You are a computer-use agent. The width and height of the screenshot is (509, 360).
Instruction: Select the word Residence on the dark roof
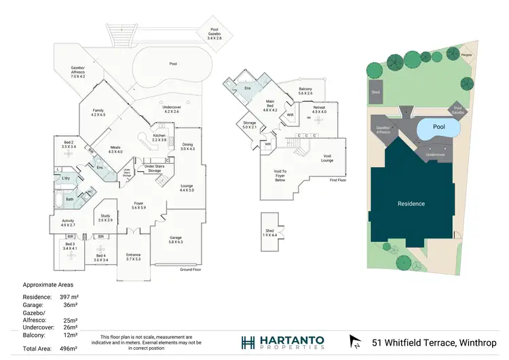coord(411,204)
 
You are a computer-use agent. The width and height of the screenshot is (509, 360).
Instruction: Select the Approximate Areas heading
coord(48,285)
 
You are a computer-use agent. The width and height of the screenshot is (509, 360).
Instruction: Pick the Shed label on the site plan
coord(375,92)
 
